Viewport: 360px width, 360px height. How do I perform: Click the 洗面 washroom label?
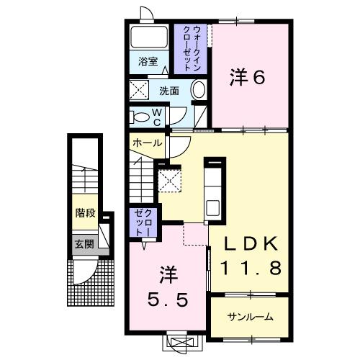point(169,91)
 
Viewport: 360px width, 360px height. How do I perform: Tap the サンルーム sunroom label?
point(250,316)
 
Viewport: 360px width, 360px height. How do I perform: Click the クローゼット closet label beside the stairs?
point(140,222)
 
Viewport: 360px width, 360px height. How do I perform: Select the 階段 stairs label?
point(84,212)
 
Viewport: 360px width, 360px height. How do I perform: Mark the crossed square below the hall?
point(170,179)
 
